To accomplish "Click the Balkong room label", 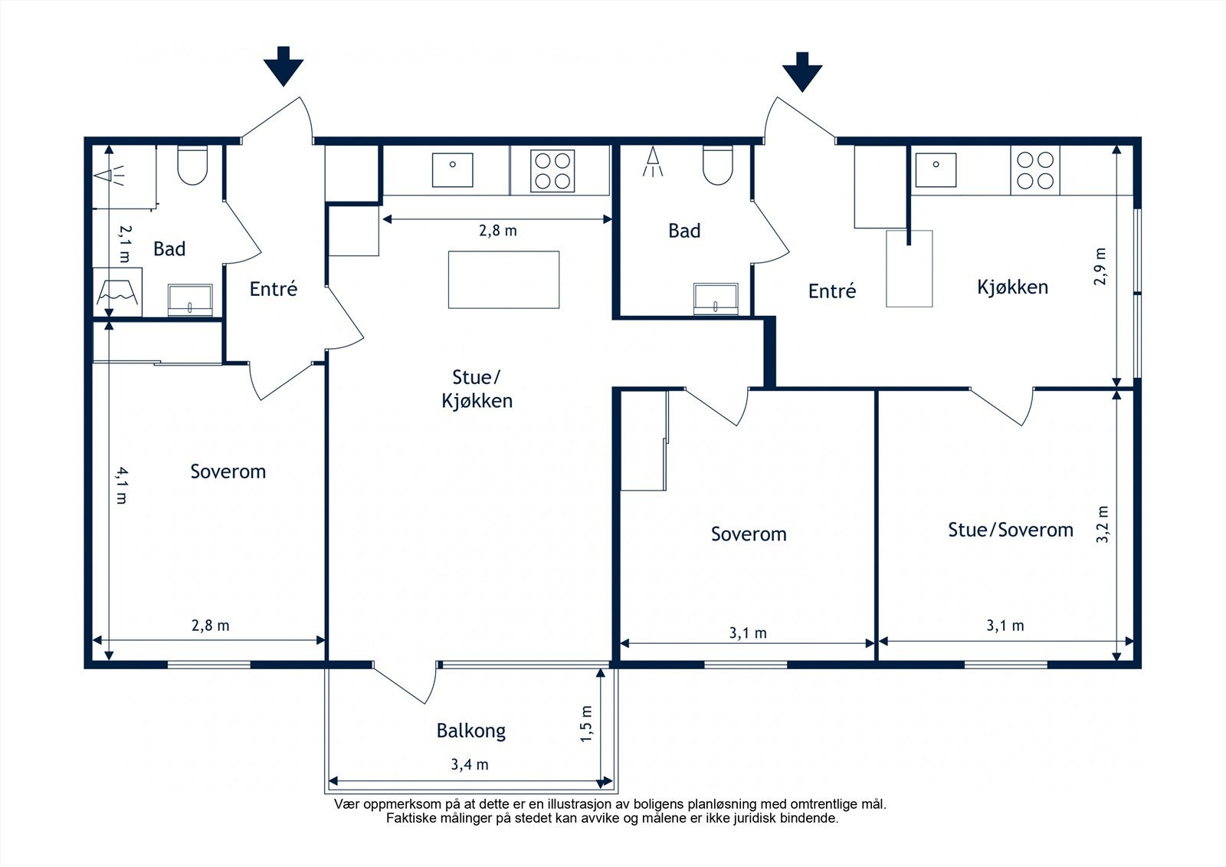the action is coord(470,731).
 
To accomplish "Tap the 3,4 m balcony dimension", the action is coord(470,764).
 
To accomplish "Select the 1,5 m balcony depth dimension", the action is coord(586,724).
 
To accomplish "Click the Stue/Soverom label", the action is coord(1011,530).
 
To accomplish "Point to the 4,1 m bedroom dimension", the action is coord(122,485).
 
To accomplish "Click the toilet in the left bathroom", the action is coord(192,165).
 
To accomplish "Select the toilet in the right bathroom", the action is coord(717,165).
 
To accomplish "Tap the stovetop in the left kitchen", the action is coord(552,171).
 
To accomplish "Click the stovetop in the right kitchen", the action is coord(1035,170).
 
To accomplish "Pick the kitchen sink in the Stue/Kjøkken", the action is coord(453,169).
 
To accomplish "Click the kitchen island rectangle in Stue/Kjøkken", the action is coord(503,280).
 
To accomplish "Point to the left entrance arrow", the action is coord(284,66).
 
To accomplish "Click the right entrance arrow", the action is coord(802,72).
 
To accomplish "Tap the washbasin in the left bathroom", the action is coord(190,300).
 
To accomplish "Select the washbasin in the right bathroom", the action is coord(716,298).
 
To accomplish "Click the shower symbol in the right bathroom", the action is coord(652,161).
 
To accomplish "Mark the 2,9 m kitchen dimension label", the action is coord(1100,267).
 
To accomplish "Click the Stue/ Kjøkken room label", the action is coord(477,389).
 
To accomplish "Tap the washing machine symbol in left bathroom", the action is coord(118,292).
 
